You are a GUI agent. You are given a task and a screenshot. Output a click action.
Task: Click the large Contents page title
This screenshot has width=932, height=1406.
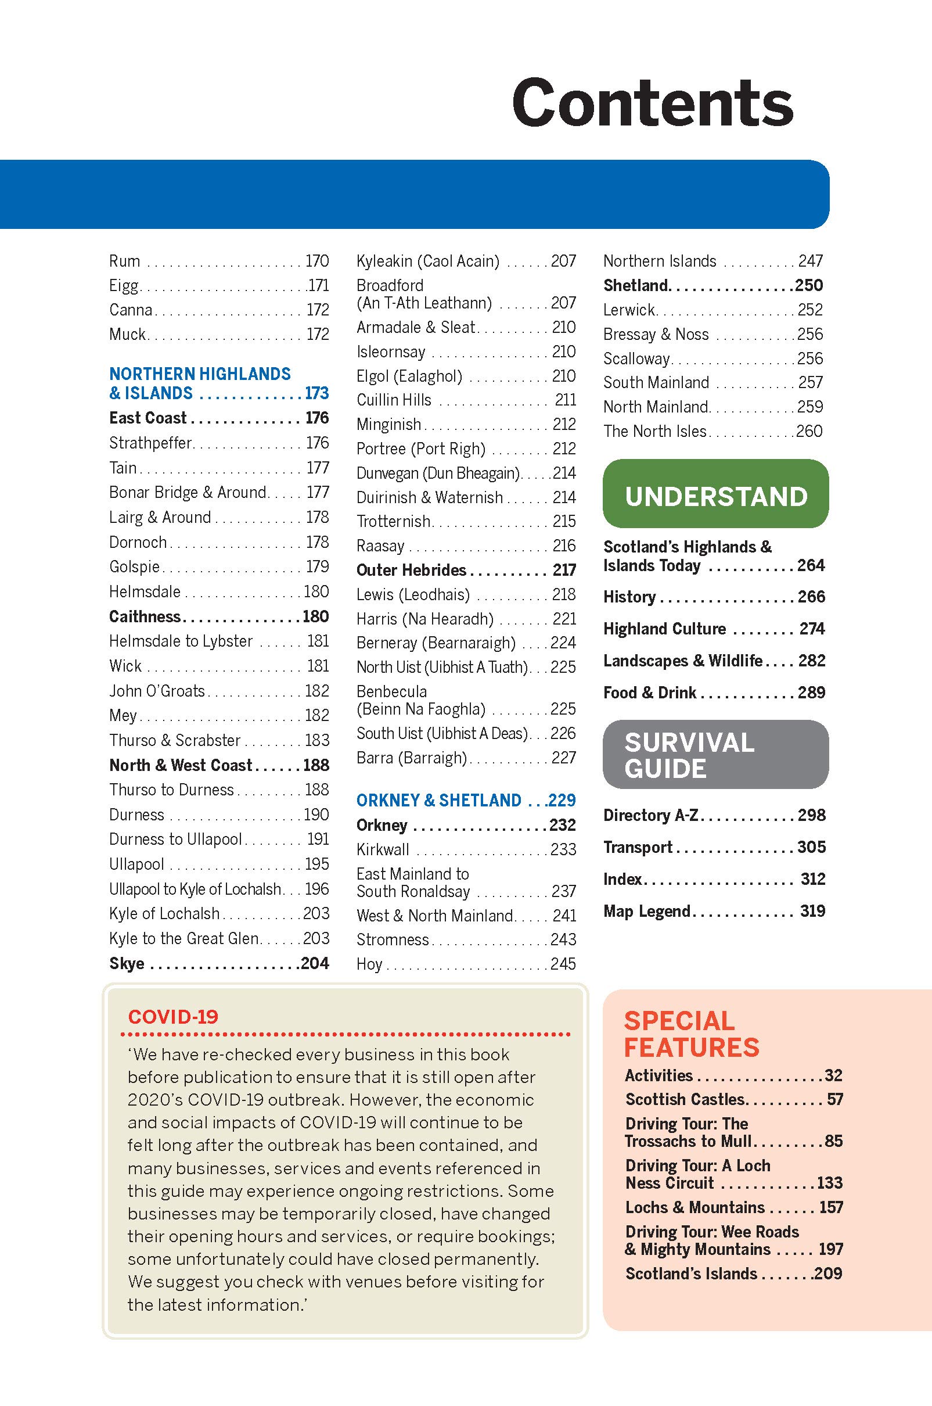coord(652,103)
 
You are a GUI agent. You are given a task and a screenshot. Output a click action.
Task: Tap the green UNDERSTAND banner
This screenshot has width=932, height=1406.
coord(715,496)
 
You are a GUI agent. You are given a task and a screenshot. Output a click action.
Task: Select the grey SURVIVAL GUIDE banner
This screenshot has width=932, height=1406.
coord(715,755)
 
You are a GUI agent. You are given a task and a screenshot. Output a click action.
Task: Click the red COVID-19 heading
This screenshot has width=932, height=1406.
coord(173,1016)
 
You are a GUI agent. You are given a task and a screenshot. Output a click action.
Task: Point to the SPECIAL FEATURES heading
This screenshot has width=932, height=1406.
coord(691,1034)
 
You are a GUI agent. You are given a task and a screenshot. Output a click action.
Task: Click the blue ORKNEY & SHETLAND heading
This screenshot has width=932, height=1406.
coord(438,800)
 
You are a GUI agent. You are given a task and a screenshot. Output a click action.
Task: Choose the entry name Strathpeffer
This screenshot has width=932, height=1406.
coord(150,443)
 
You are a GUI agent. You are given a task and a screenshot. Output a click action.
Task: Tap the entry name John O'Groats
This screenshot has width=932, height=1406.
coord(157,691)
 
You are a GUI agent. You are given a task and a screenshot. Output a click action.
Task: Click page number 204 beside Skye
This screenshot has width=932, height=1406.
coord(314,963)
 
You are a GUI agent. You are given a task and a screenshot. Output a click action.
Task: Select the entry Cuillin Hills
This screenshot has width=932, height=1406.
coord(394,400)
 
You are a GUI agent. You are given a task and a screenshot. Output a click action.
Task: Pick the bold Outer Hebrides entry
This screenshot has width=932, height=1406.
coord(411,570)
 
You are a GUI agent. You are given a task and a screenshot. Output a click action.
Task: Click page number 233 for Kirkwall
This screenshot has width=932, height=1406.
coord(563,849)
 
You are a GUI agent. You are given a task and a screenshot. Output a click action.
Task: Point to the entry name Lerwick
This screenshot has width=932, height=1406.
coord(629,309)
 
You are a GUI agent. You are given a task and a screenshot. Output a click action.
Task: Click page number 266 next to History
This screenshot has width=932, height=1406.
coord(811,597)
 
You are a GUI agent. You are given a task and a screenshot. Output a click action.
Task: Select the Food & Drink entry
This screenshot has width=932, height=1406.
coord(650,693)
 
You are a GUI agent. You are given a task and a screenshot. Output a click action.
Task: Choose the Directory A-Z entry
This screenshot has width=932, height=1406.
coord(651,815)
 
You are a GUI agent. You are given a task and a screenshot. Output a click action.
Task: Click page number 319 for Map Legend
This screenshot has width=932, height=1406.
coord(812,911)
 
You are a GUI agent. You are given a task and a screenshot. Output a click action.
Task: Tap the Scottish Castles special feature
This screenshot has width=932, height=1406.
coord(685,1099)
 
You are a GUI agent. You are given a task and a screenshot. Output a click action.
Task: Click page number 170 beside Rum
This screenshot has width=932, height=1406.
coord(317,261)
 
